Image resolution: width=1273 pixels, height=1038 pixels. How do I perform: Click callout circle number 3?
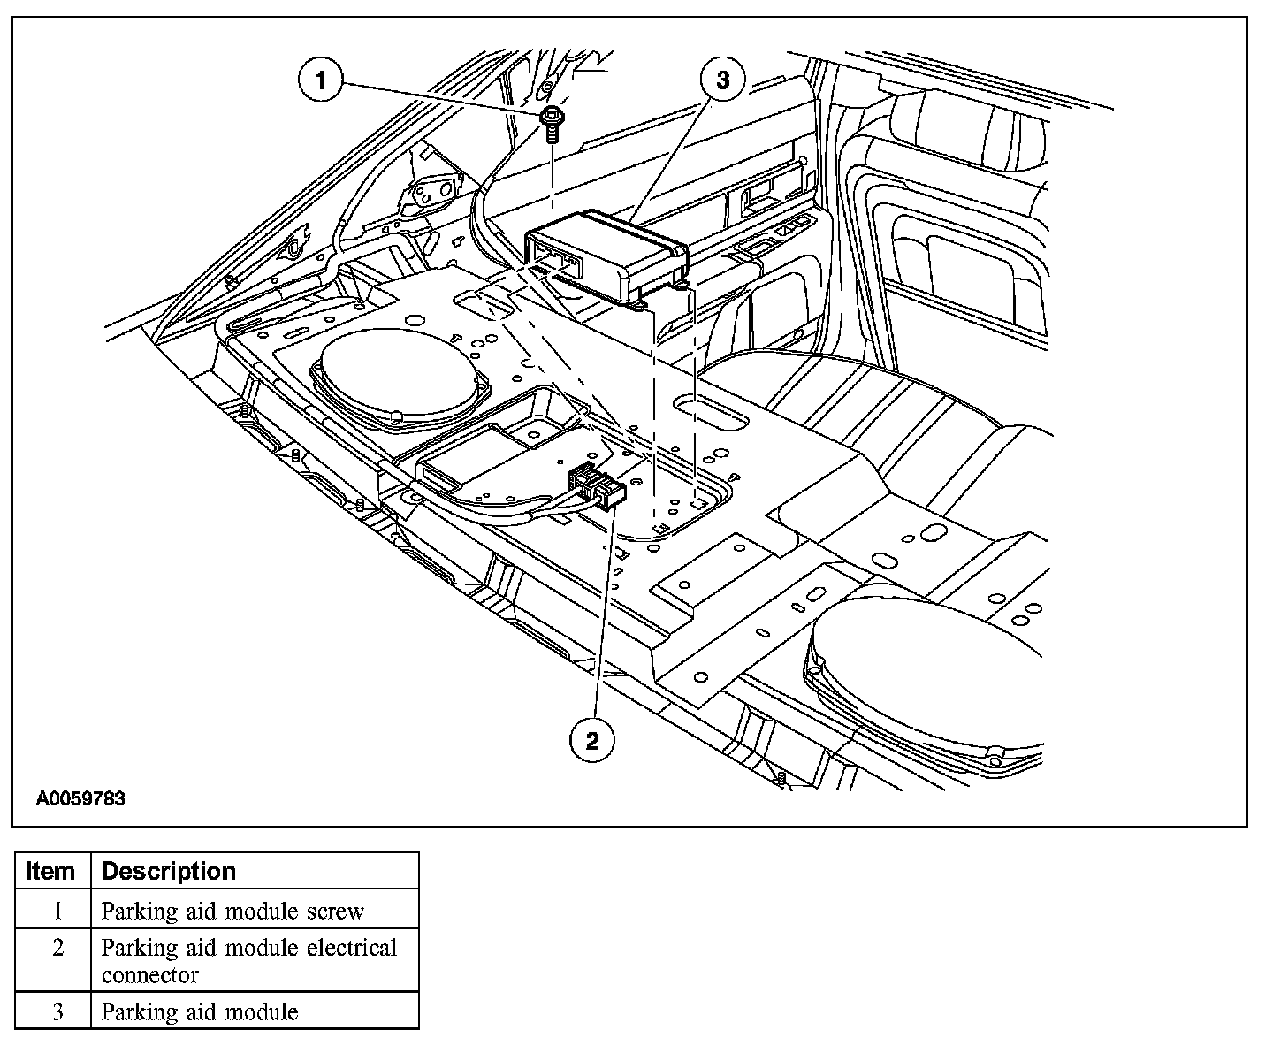point(723,80)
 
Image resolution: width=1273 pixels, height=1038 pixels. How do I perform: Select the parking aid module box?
point(610,252)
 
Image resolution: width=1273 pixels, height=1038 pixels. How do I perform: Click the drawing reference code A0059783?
point(80,799)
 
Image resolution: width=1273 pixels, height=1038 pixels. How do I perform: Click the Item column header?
point(51,871)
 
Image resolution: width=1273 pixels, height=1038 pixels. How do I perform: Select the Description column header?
point(169,871)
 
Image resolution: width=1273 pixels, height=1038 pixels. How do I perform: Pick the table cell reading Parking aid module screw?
point(232,911)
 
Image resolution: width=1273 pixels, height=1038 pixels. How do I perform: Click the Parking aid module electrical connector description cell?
point(249,961)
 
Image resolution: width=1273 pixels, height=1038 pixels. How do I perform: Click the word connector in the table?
point(149,975)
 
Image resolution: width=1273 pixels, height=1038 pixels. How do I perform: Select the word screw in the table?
point(333,911)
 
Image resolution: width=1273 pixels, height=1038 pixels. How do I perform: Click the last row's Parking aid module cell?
point(200,1011)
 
